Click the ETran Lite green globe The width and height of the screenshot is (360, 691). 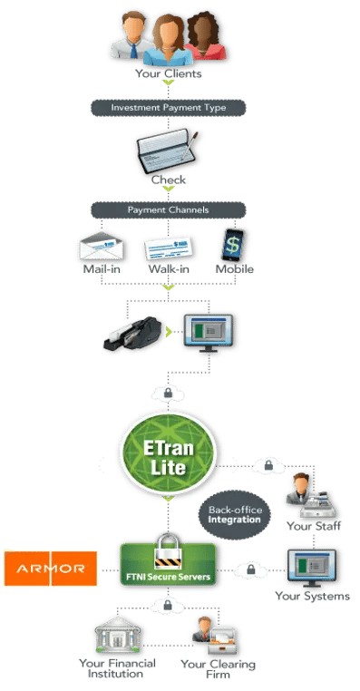click(167, 455)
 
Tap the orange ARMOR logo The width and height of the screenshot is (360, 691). click(50, 569)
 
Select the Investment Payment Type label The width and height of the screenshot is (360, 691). click(167, 107)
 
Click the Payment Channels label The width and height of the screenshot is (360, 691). click(167, 209)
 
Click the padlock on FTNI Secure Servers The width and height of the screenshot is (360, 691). click(167, 547)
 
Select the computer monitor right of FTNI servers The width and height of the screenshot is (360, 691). click(311, 566)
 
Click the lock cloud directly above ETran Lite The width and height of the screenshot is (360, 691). click(168, 394)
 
